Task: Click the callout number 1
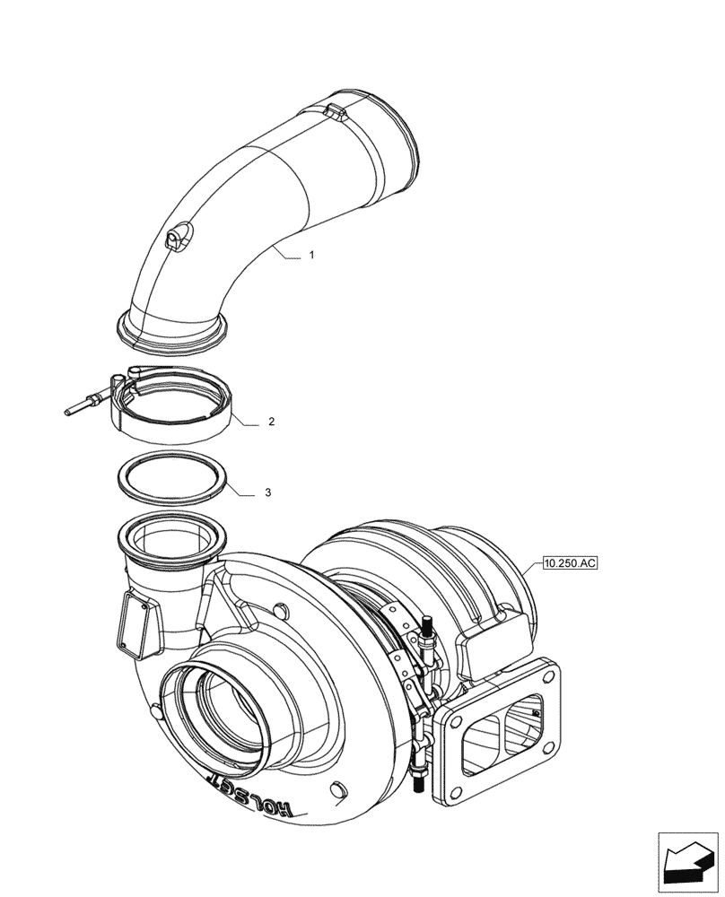click(x=310, y=256)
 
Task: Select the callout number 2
click(x=271, y=421)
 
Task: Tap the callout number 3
click(x=267, y=493)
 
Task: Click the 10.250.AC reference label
click(x=569, y=564)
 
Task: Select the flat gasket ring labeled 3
click(x=171, y=476)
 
